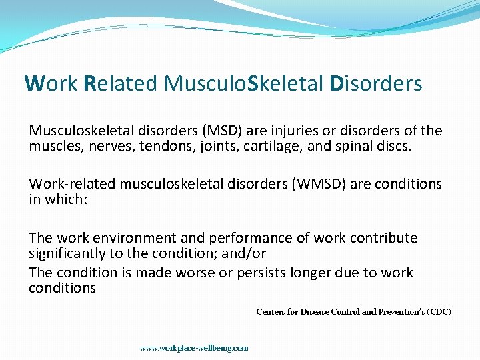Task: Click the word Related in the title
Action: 121,83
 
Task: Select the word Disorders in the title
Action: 376,83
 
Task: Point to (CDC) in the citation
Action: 439,311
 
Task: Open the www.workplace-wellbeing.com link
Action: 193,347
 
